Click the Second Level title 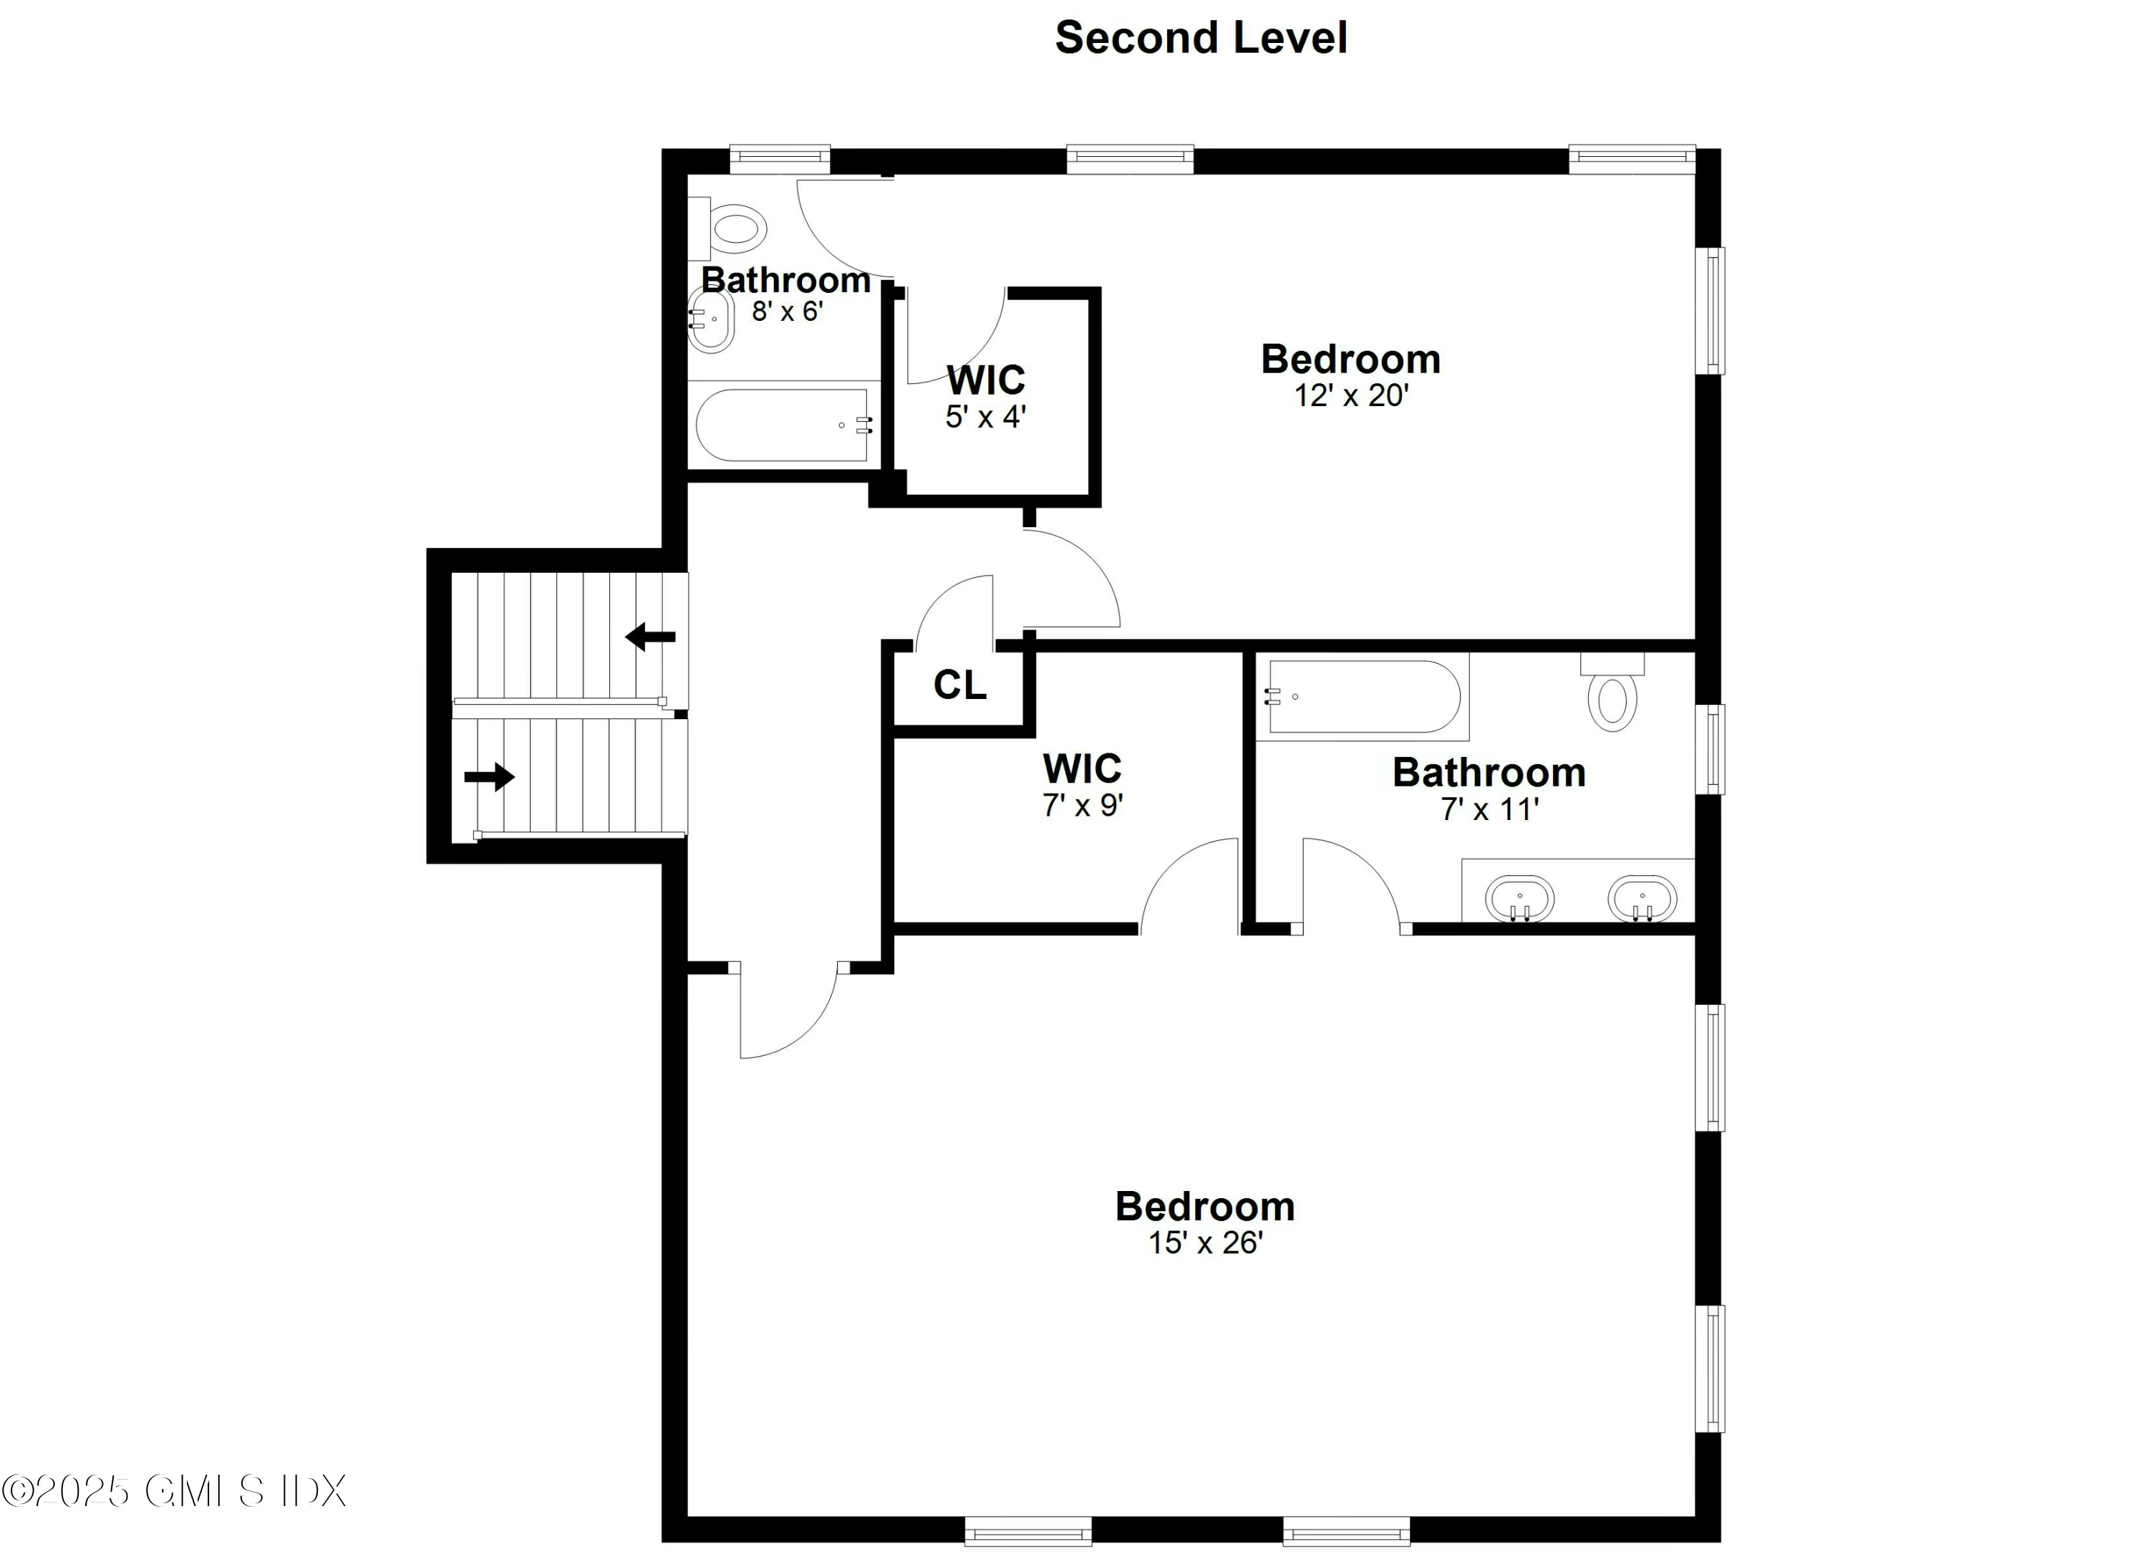[1200, 38]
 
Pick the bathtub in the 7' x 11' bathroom [1362, 696]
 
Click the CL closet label [959, 684]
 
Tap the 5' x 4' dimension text [985, 417]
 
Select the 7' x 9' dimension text [1083, 805]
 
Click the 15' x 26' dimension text [1205, 1243]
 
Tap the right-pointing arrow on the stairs [489, 778]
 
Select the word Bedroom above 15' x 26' [1205, 1206]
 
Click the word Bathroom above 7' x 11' [1488, 773]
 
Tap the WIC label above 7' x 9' [1082, 768]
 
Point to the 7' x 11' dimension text [1489, 809]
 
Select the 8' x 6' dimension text [787, 311]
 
